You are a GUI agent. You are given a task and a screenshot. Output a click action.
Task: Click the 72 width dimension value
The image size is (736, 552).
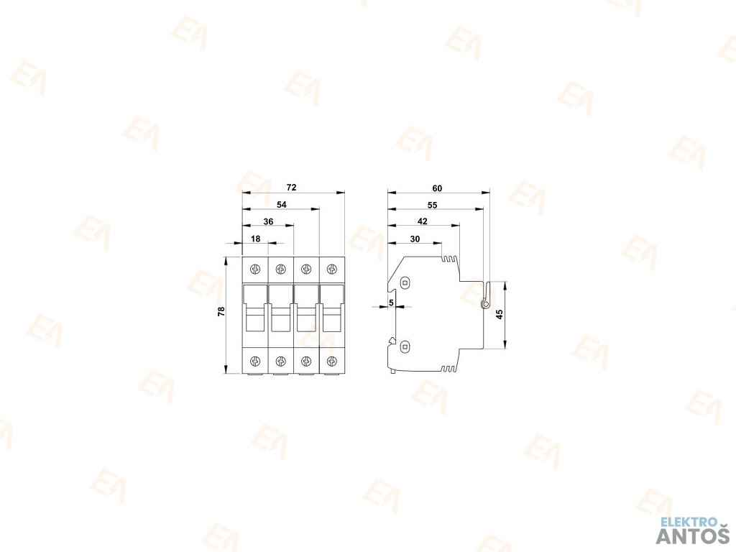pyautogui.click(x=291, y=188)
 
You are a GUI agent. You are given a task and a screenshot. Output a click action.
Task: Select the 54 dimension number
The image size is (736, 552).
pyautogui.click(x=282, y=205)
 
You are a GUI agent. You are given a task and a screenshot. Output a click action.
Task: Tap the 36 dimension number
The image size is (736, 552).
pyautogui.click(x=268, y=222)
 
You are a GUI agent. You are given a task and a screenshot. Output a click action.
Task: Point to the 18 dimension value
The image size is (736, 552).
pyautogui.click(x=255, y=239)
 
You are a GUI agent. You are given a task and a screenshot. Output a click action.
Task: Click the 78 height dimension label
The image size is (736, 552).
pyautogui.click(x=221, y=311)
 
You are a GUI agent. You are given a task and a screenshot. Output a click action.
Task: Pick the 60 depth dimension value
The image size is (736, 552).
pyautogui.click(x=437, y=188)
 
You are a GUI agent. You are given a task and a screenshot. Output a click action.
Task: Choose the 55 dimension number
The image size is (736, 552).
pyautogui.click(x=432, y=205)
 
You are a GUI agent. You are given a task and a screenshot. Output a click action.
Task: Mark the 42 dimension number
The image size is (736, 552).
pyautogui.click(x=422, y=221)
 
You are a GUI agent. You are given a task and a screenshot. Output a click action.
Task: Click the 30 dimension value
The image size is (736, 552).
pyautogui.click(x=415, y=239)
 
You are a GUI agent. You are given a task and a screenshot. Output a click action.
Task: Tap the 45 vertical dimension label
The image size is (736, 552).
pyautogui.click(x=500, y=313)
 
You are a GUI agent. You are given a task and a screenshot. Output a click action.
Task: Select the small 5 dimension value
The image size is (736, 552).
pyautogui.click(x=390, y=303)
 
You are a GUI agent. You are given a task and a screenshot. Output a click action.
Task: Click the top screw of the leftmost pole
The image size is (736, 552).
pyautogui.click(x=255, y=270)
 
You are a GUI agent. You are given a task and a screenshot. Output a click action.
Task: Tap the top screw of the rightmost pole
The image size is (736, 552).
pyautogui.click(x=331, y=270)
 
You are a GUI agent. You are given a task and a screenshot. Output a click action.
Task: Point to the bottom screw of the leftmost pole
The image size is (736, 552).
pyautogui.click(x=255, y=360)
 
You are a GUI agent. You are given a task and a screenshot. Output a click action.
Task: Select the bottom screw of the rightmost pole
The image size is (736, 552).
pyautogui.click(x=331, y=360)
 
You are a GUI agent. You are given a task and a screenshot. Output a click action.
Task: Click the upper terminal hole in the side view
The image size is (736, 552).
pyautogui.click(x=405, y=282)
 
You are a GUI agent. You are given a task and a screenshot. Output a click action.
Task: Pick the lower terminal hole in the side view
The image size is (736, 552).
pyautogui.click(x=405, y=347)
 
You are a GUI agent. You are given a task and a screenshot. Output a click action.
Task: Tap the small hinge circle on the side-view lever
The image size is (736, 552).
pyautogui.click(x=485, y=305)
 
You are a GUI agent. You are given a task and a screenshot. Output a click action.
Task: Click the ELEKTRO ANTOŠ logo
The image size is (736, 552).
pyautogui.click(x=693, y=530)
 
